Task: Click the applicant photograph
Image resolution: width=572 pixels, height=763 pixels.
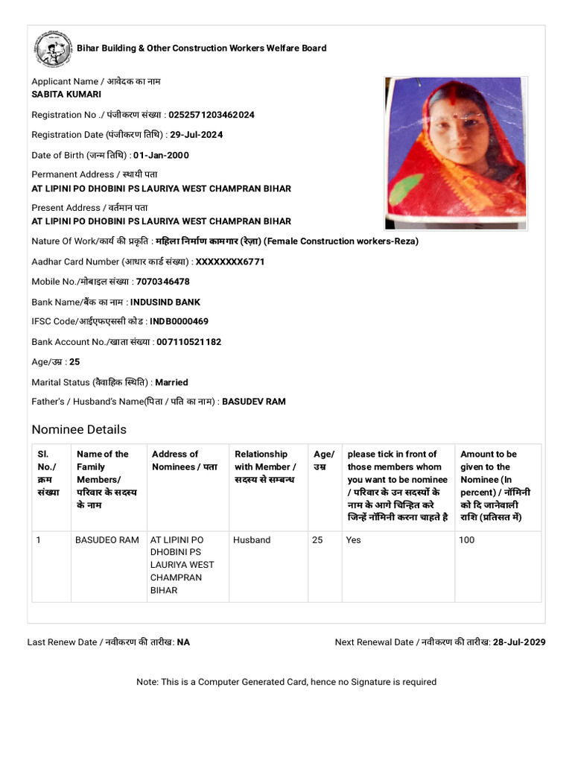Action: coord(456,153)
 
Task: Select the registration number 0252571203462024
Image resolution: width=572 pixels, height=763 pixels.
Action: coord(212,115)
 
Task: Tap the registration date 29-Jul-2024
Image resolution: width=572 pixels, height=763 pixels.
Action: coord(196,135)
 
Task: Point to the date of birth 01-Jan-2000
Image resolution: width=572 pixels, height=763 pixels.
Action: coord(161,155)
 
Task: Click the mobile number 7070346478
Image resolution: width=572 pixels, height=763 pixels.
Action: coord(163,282)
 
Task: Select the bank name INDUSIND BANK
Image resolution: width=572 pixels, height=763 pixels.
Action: coord(165,303)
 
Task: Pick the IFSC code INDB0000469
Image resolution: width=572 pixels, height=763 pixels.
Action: coord(179,322)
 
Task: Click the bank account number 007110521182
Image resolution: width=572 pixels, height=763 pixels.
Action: coord(188,342)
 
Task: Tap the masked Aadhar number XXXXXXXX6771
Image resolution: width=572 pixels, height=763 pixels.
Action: coord(230,262)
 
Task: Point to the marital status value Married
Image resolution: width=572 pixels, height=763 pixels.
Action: coord(171,382)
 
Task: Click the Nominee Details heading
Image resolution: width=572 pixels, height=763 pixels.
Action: coord(79,429)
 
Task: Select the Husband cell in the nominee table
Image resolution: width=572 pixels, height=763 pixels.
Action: coord(252,539)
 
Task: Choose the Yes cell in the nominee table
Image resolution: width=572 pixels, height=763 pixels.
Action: coord(353,539)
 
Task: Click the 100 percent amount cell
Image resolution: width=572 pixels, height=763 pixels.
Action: coord(467,539)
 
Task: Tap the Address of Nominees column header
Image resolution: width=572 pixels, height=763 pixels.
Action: coord(185,460)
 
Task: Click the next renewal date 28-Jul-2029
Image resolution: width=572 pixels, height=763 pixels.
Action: coord(519,642)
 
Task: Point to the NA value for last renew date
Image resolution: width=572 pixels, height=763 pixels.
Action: coord(183,642)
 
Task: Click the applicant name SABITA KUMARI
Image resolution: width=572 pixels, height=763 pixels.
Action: coord(66,95)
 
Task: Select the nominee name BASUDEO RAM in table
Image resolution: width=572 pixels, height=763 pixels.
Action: coord(107,539)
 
